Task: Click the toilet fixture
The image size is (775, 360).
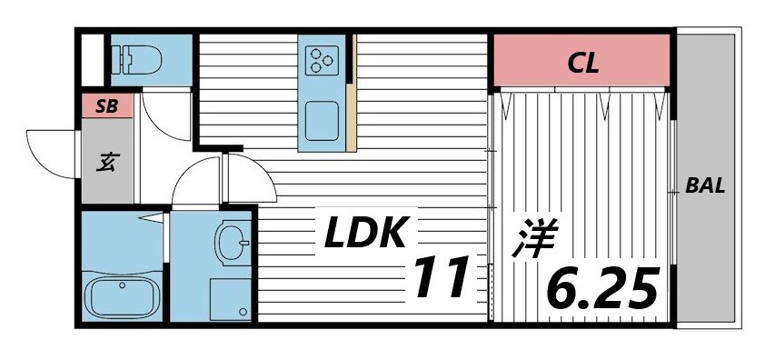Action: [137, 59]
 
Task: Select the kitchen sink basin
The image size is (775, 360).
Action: [323, 119]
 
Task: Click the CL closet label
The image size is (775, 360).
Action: [582, 63]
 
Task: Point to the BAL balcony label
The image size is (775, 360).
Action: [705, 186]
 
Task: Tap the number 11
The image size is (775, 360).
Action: [443, 277]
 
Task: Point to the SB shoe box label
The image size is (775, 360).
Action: [107, 106]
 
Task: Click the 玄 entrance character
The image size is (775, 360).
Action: [107, 163]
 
